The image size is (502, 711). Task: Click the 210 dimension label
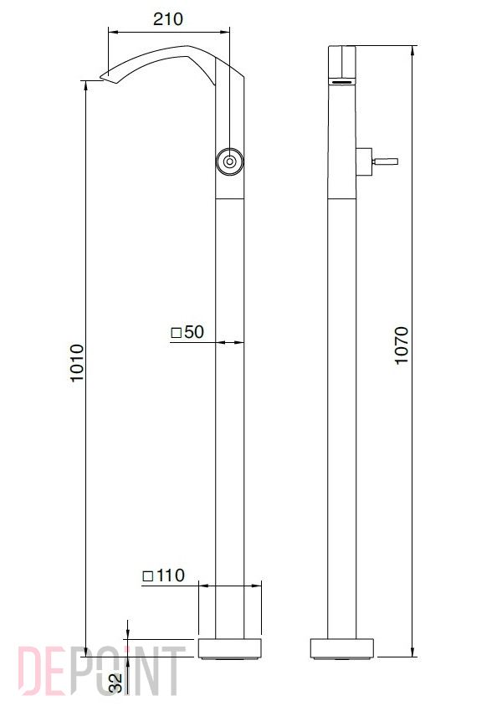click(168, 19)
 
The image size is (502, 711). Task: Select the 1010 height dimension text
click(77, 363)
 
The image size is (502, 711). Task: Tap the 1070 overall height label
click(402, 345)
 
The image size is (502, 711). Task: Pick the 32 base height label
click(116, 683)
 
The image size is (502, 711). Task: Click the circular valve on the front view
click(229, 161)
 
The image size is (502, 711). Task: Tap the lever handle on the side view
click(385, 161)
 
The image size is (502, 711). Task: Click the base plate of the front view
click(230, 648)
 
